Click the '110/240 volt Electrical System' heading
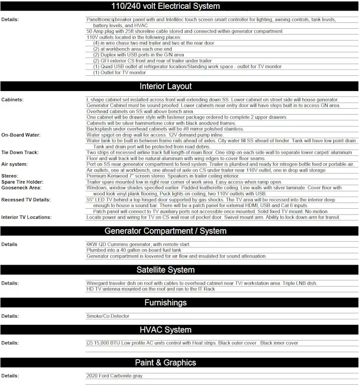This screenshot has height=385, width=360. click(180, 6)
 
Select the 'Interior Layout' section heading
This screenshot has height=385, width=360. click(165, 86)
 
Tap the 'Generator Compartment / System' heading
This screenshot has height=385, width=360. click(165, 231)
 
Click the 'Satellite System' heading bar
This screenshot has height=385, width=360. click(165, 270)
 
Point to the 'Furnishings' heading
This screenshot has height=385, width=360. click(165, 303)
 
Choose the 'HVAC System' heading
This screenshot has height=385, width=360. click(165, 330)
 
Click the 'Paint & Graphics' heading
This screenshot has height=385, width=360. click(165, 363)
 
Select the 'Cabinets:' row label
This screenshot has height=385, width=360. click(13, 99)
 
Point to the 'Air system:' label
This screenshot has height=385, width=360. click(15, 164)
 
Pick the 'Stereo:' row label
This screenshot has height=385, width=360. click(10, 176)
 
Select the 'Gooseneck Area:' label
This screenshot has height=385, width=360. click(21, 187)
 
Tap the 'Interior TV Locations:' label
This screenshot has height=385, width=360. click(27, 217)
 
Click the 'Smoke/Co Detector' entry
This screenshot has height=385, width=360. click(108, 316)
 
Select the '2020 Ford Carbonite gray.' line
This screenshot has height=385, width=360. click(114, 376)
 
